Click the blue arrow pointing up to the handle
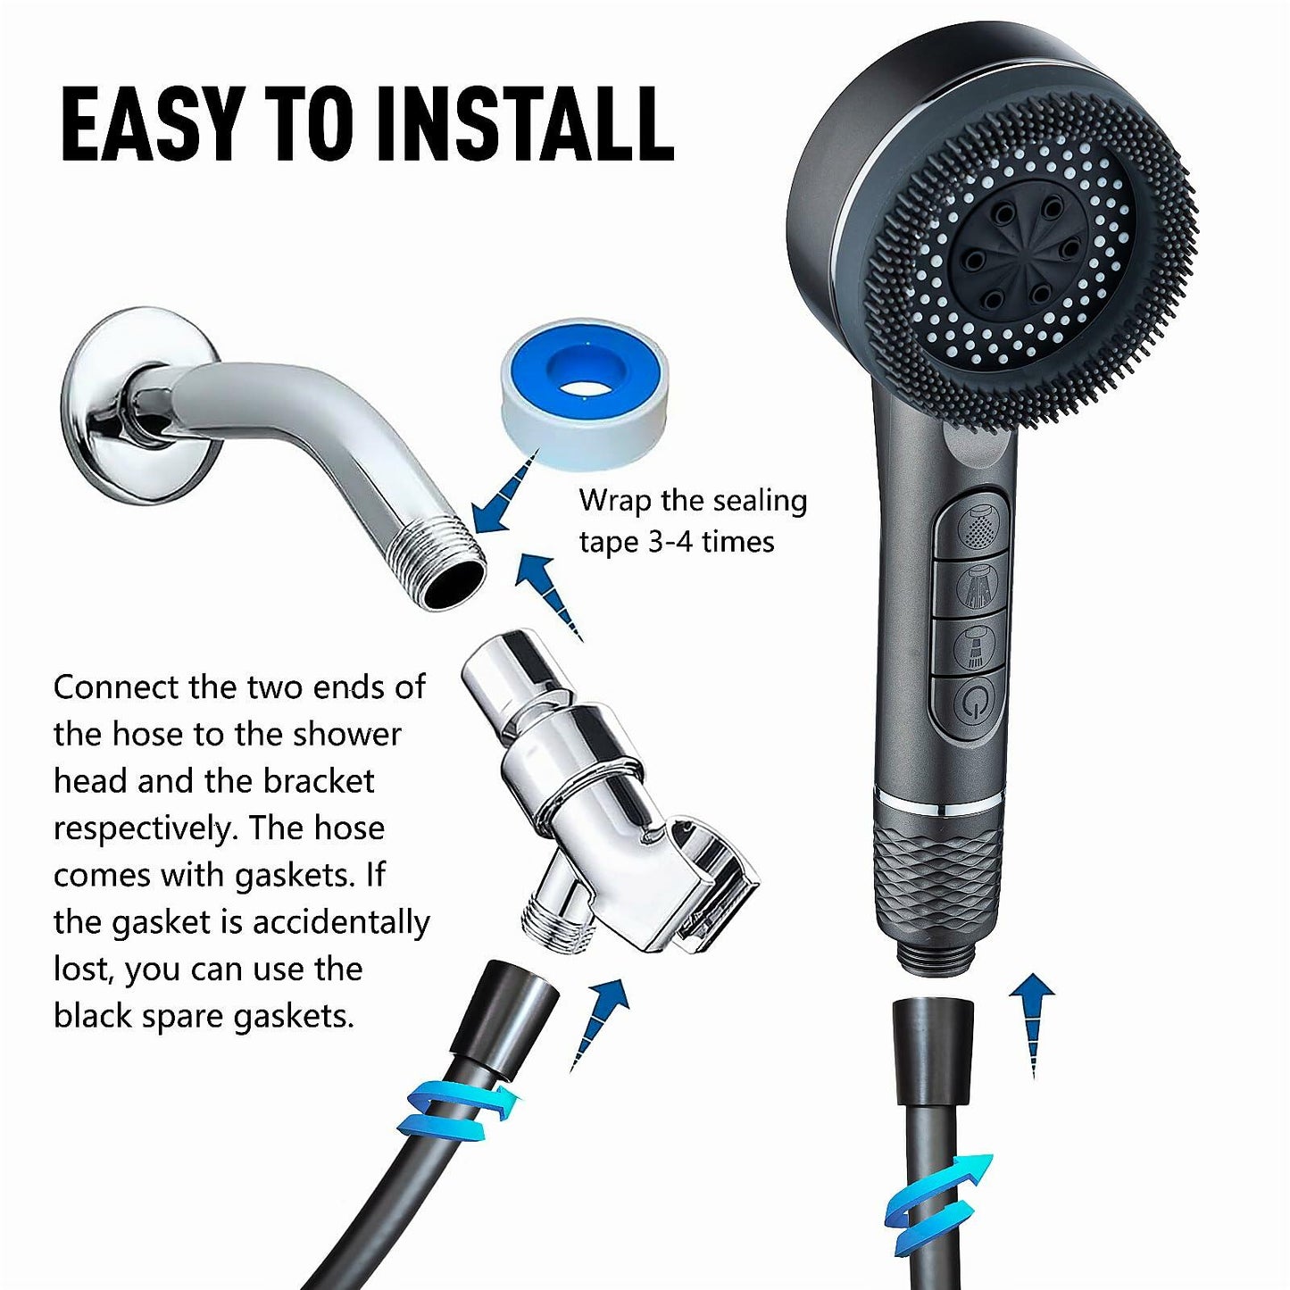1032,1021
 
